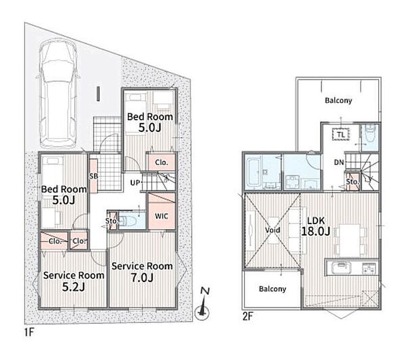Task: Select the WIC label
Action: click(161, 216)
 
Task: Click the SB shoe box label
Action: click(94, 176)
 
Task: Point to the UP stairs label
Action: click(135, 183)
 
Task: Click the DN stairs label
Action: click(339, 162)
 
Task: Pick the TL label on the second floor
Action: click(341, 135)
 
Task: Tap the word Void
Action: click(273, 230)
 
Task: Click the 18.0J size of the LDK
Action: click(316, 231)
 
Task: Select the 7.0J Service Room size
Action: click(142, 277)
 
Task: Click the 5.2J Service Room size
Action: click(74, 287)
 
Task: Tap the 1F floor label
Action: click(29, 333)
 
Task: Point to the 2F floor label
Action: click(247, 317)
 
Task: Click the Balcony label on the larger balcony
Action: click(339, 100)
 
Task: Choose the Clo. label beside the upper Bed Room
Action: click(162, 162)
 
